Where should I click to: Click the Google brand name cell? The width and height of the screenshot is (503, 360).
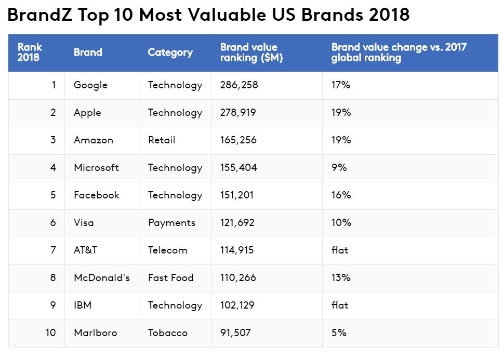click(x=90, y=85)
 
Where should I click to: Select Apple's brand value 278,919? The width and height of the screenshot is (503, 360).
click(x=238, y=113)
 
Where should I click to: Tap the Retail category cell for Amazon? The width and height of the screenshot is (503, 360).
click(x=162, y=140)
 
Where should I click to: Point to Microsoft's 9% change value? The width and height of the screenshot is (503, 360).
click(x=339, y=168)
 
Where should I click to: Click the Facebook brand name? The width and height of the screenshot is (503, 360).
click(x=97, y=195)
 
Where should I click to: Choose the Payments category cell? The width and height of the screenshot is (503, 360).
click(x=171, y=223)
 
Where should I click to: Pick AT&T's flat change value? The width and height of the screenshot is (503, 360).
click(x=340, y=250)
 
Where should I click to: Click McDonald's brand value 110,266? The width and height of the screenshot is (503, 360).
click(x=238, y=277)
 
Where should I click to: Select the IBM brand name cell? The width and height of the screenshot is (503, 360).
click(x=83, y=305)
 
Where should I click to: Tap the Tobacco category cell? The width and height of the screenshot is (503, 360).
click(x=167, y=332)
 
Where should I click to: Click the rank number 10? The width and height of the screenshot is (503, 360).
click(x=50, y=332)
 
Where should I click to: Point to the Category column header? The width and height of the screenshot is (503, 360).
click(x=170, y=52)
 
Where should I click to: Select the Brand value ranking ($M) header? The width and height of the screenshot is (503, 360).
click(x=251, y=52)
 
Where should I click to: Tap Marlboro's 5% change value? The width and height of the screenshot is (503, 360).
click(x=339, y=332)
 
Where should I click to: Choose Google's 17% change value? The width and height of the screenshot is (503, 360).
click(x=341, y=85)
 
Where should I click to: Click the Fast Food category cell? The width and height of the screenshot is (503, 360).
click(x=170, y=277)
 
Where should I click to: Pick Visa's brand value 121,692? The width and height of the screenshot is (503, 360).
click(x=238, y=223)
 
